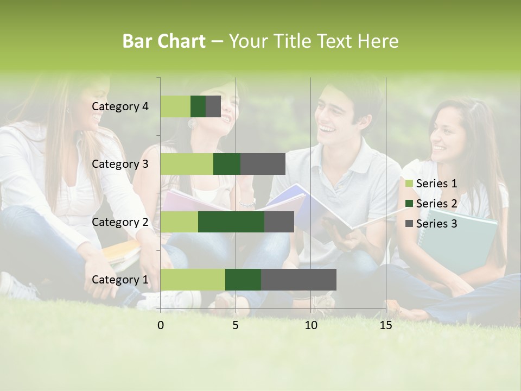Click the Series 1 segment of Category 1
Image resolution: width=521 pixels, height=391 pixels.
click(x=193, y=280)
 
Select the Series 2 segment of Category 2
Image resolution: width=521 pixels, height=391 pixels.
click(x=231, y=222)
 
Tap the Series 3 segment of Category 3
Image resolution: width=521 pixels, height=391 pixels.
click(x=263, y=164)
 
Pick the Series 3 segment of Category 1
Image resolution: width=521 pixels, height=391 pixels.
click(x=298, y=280)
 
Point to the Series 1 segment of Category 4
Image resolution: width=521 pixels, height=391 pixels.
click(x=175, y=106)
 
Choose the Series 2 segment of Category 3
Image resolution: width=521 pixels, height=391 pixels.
click(x=227, y=164)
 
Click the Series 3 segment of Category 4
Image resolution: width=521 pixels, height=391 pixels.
click(x=213, y=106)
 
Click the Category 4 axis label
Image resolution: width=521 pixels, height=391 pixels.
click(x=120, y=106)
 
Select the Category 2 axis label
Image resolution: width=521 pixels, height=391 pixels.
click(x=120, y=222)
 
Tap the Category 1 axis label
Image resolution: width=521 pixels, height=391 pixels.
click(x=120, y=280)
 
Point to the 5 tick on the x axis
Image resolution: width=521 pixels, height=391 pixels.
click(x=236, y=325)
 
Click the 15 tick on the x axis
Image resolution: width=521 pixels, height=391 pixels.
click(x=386, y=325)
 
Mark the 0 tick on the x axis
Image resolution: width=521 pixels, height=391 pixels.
click(x=161, y=325)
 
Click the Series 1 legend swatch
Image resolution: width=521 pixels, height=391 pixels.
click(x=409, y=184)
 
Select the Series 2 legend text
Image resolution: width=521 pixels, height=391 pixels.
click(x=436, y=204)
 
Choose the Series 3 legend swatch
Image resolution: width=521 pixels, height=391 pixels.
click(x=409, y=224)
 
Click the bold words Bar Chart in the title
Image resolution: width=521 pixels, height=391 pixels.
click(x=163, y=41)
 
